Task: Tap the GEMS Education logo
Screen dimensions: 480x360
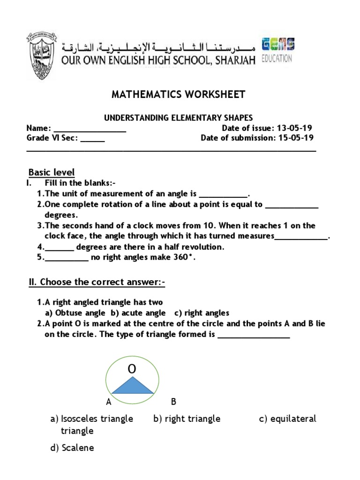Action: click(x=277, y=51)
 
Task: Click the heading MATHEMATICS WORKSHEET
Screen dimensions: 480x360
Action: click(x=178, y=95)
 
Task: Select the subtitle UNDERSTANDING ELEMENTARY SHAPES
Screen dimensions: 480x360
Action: click(x=178, y=118)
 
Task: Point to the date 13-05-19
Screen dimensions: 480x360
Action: click(x=295, y=128)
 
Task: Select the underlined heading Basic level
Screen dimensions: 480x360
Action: click(x=52, y=172)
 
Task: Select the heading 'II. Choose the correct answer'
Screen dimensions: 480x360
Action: click(x=97, y=282)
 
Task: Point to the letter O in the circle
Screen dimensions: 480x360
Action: click(x=132, y=370)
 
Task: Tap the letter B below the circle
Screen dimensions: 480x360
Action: click(x=173, y=402)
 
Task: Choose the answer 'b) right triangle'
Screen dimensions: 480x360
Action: click(x=187, y=419)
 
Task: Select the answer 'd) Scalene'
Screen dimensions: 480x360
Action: click(x=72, y=448)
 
